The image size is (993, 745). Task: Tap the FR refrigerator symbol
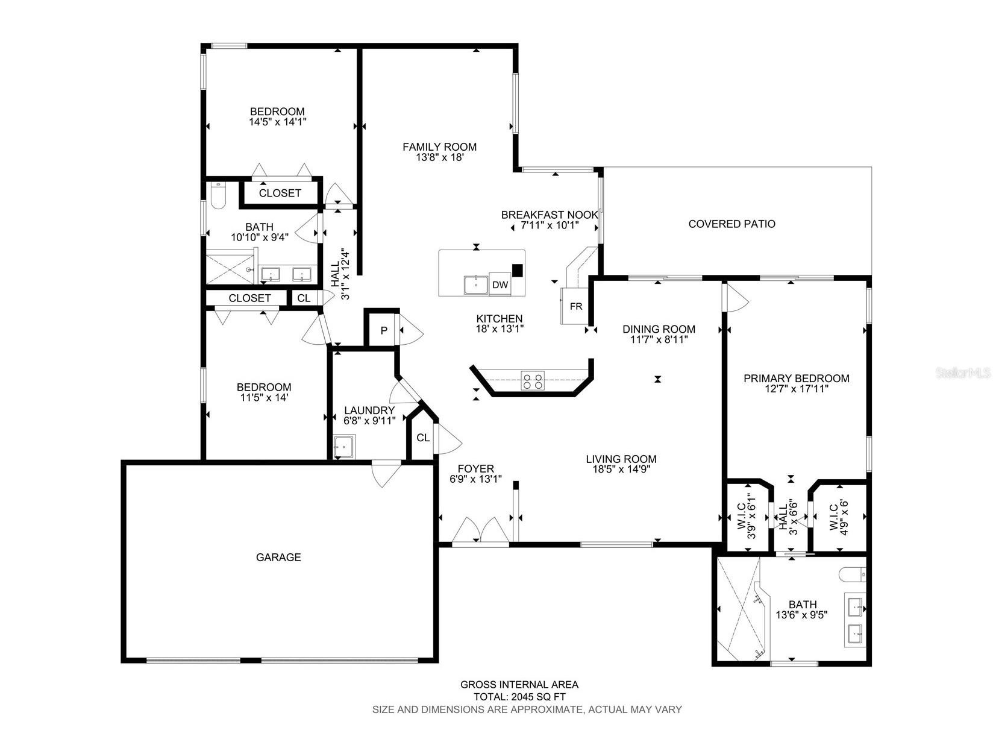click(575, 306)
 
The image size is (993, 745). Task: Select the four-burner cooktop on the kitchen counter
click(532, 380)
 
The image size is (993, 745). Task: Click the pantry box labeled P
click(383, 330)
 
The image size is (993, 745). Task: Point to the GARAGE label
click(278, 558)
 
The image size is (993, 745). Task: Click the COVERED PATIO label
click(731, 224)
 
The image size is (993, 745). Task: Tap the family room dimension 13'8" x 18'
click(440, 158)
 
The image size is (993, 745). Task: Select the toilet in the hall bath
click(218, 196)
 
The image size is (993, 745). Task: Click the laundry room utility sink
click(345, 446)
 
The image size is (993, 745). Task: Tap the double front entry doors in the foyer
click(480, 532)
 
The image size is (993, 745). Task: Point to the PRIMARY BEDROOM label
click(796, 379)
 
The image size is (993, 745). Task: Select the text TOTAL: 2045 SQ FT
click(519, 697)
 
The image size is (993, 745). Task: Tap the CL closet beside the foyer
click(423, 438)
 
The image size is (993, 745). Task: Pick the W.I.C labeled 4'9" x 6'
click(839, 517)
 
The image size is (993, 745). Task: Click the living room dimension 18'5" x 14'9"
click(621, 470)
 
